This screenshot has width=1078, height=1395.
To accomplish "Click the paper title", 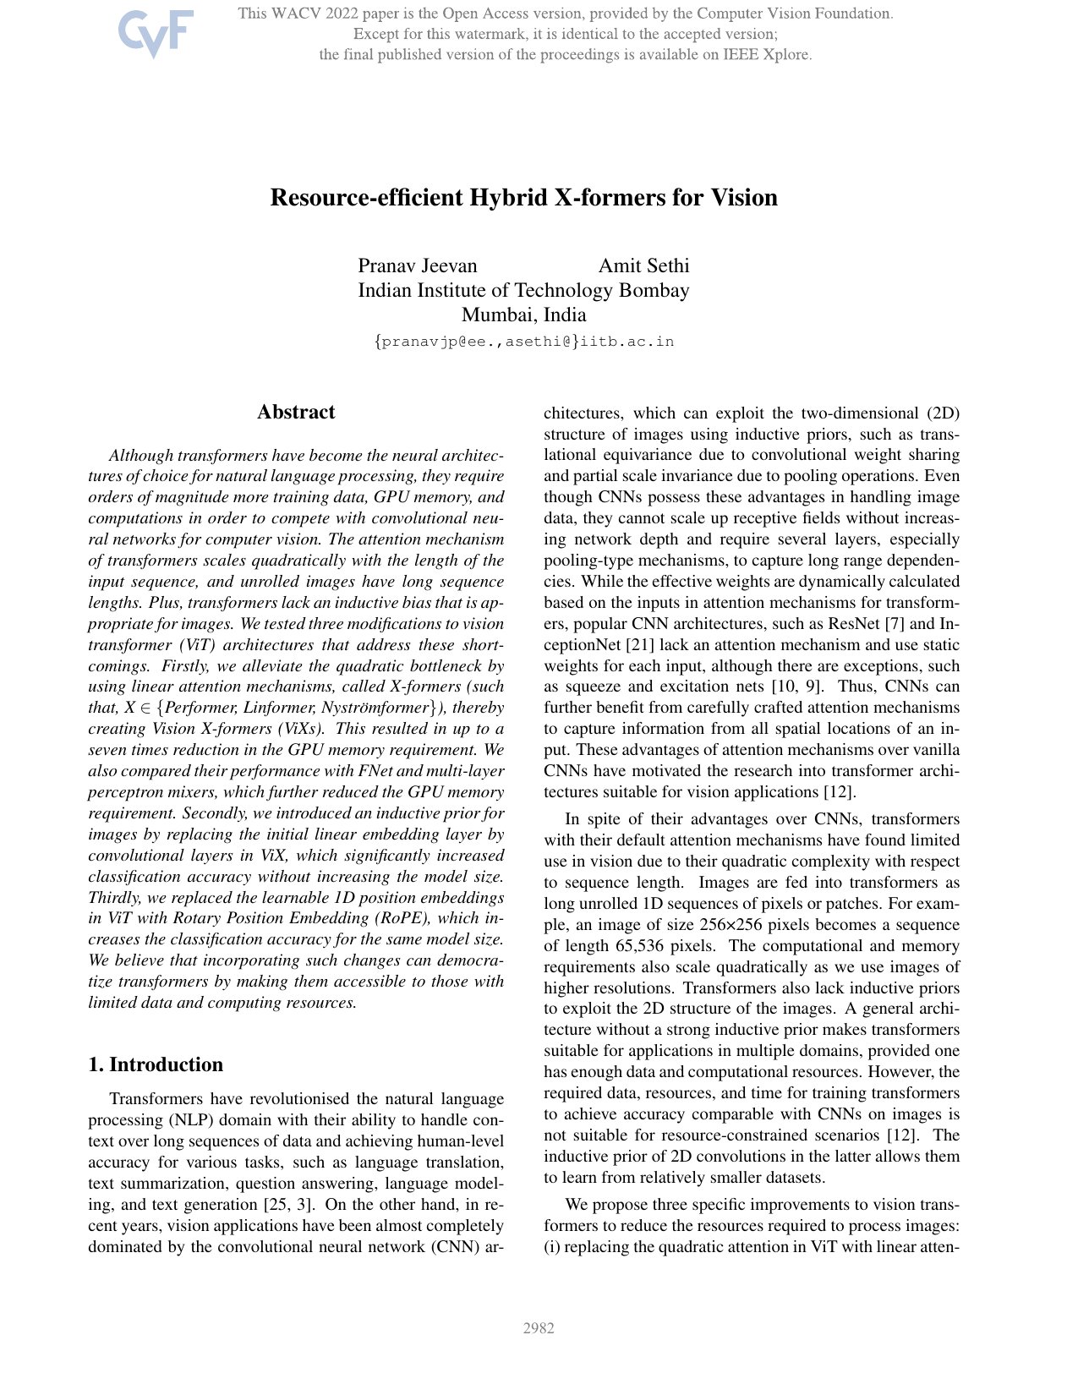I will [x=523, y=198].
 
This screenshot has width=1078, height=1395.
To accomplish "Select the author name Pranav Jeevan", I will [x=418, y=266].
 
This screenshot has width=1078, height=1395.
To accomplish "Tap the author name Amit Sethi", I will [x=643, y=266].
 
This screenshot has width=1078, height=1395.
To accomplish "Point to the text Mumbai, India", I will [x=523, y=315].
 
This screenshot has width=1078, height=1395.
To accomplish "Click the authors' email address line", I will [x=523, y=342].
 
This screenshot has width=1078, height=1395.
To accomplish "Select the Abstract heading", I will [x=296, y=413].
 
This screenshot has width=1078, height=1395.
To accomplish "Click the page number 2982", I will [x=539, y=1328].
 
